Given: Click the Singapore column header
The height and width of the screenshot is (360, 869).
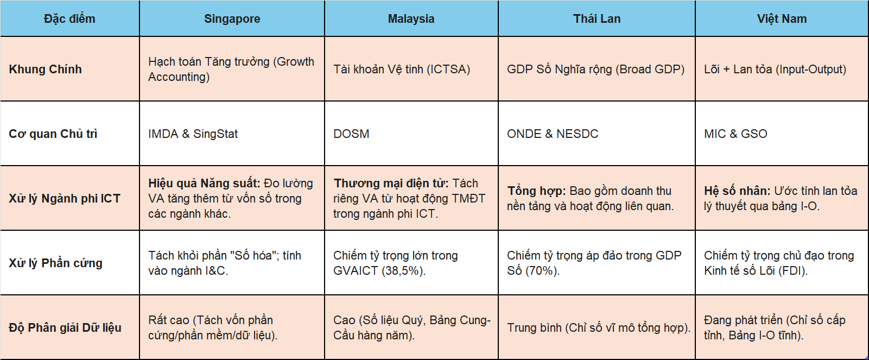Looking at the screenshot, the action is (232, 18).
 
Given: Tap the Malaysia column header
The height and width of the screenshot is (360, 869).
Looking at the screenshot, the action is (411, 18).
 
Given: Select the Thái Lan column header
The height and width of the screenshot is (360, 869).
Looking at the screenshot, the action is (597, 18).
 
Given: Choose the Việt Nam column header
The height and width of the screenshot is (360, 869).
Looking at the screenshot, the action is (782, 18).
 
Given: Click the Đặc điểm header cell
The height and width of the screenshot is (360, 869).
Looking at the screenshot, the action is (69, 18).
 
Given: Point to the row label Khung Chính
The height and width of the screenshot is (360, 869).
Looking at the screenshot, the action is (46, 69).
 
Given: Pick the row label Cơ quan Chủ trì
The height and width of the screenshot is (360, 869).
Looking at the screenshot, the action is (53, 134).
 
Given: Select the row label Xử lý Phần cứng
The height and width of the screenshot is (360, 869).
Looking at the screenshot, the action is (55, 263).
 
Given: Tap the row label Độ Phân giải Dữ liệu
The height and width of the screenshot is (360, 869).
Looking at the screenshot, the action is (65, 327).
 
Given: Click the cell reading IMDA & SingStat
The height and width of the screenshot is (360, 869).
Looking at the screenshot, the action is (193, 134).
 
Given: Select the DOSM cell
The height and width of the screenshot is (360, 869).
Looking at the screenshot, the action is (351, 134).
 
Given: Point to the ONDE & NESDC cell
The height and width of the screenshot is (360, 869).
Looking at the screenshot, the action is (553, 134).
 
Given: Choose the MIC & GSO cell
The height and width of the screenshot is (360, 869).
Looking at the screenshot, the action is (735, 134).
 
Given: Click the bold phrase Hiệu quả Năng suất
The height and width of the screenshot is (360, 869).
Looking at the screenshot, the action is (204, 183).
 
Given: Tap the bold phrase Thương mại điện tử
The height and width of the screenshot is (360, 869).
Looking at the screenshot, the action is (391, 183).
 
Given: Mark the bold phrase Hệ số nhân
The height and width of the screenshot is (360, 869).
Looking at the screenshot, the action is (737, 191).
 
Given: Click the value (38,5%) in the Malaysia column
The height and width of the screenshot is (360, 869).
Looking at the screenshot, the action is (403, 271).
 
